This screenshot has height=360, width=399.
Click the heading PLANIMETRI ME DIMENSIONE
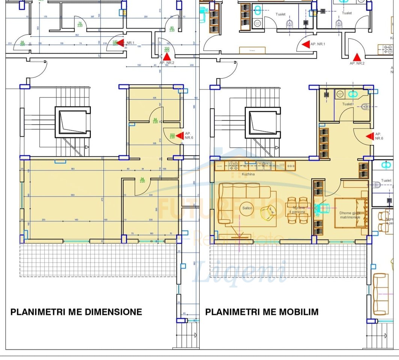coord(76,312)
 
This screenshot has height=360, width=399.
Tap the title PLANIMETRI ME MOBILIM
coord(262,312)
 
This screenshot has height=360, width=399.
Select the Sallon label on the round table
coord(247,208)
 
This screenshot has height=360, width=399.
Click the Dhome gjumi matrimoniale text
coord(350,215)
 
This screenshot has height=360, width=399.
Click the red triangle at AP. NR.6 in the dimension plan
coord(180,135)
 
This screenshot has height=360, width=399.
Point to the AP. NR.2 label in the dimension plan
coord(167,63)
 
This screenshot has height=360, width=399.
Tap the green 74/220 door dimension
coord(80,24)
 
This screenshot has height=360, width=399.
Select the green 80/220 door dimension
coord(172,29)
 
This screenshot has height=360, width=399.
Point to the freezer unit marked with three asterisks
coord(291,165)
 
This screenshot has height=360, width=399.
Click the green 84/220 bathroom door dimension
coord(155,121)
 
